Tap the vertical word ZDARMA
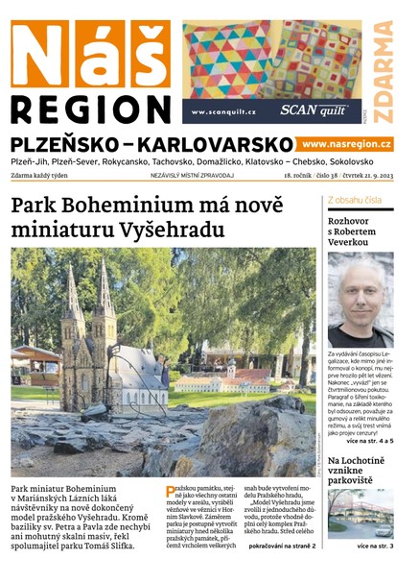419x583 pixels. pos(384,72)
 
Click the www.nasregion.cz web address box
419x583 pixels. pos(346,143)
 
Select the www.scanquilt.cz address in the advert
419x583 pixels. pos(223,111)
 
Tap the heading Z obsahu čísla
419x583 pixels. pos(355,200)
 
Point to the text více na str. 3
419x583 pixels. pos(375,547)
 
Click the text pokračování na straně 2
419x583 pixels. pos(282,546)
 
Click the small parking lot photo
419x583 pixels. pos(360,514)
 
